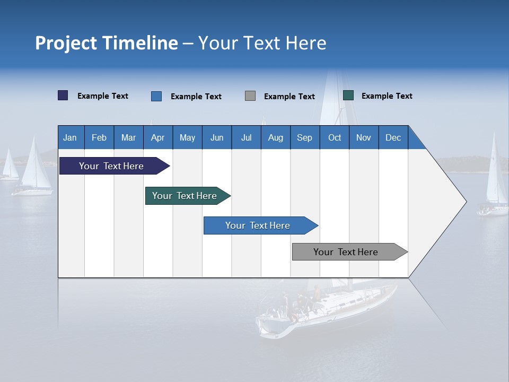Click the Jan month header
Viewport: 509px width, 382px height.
(70, 137)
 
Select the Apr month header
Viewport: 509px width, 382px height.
(157, 137)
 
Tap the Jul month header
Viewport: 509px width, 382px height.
(246, 137)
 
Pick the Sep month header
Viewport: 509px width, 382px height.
(304, 137)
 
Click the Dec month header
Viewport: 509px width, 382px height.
(393, 137)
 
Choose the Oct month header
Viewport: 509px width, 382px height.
(335, 137)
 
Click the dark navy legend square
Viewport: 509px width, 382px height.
(63, 95)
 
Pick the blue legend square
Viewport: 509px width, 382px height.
(156, 96)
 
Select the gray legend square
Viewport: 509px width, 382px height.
(250, 96)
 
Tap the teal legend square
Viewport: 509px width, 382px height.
(348, 95)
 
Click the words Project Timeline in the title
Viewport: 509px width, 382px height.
(107, 43)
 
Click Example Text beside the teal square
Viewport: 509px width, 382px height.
(387, 96)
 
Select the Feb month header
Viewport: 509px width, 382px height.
(99, 137)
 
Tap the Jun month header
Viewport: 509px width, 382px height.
(217, 137)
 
